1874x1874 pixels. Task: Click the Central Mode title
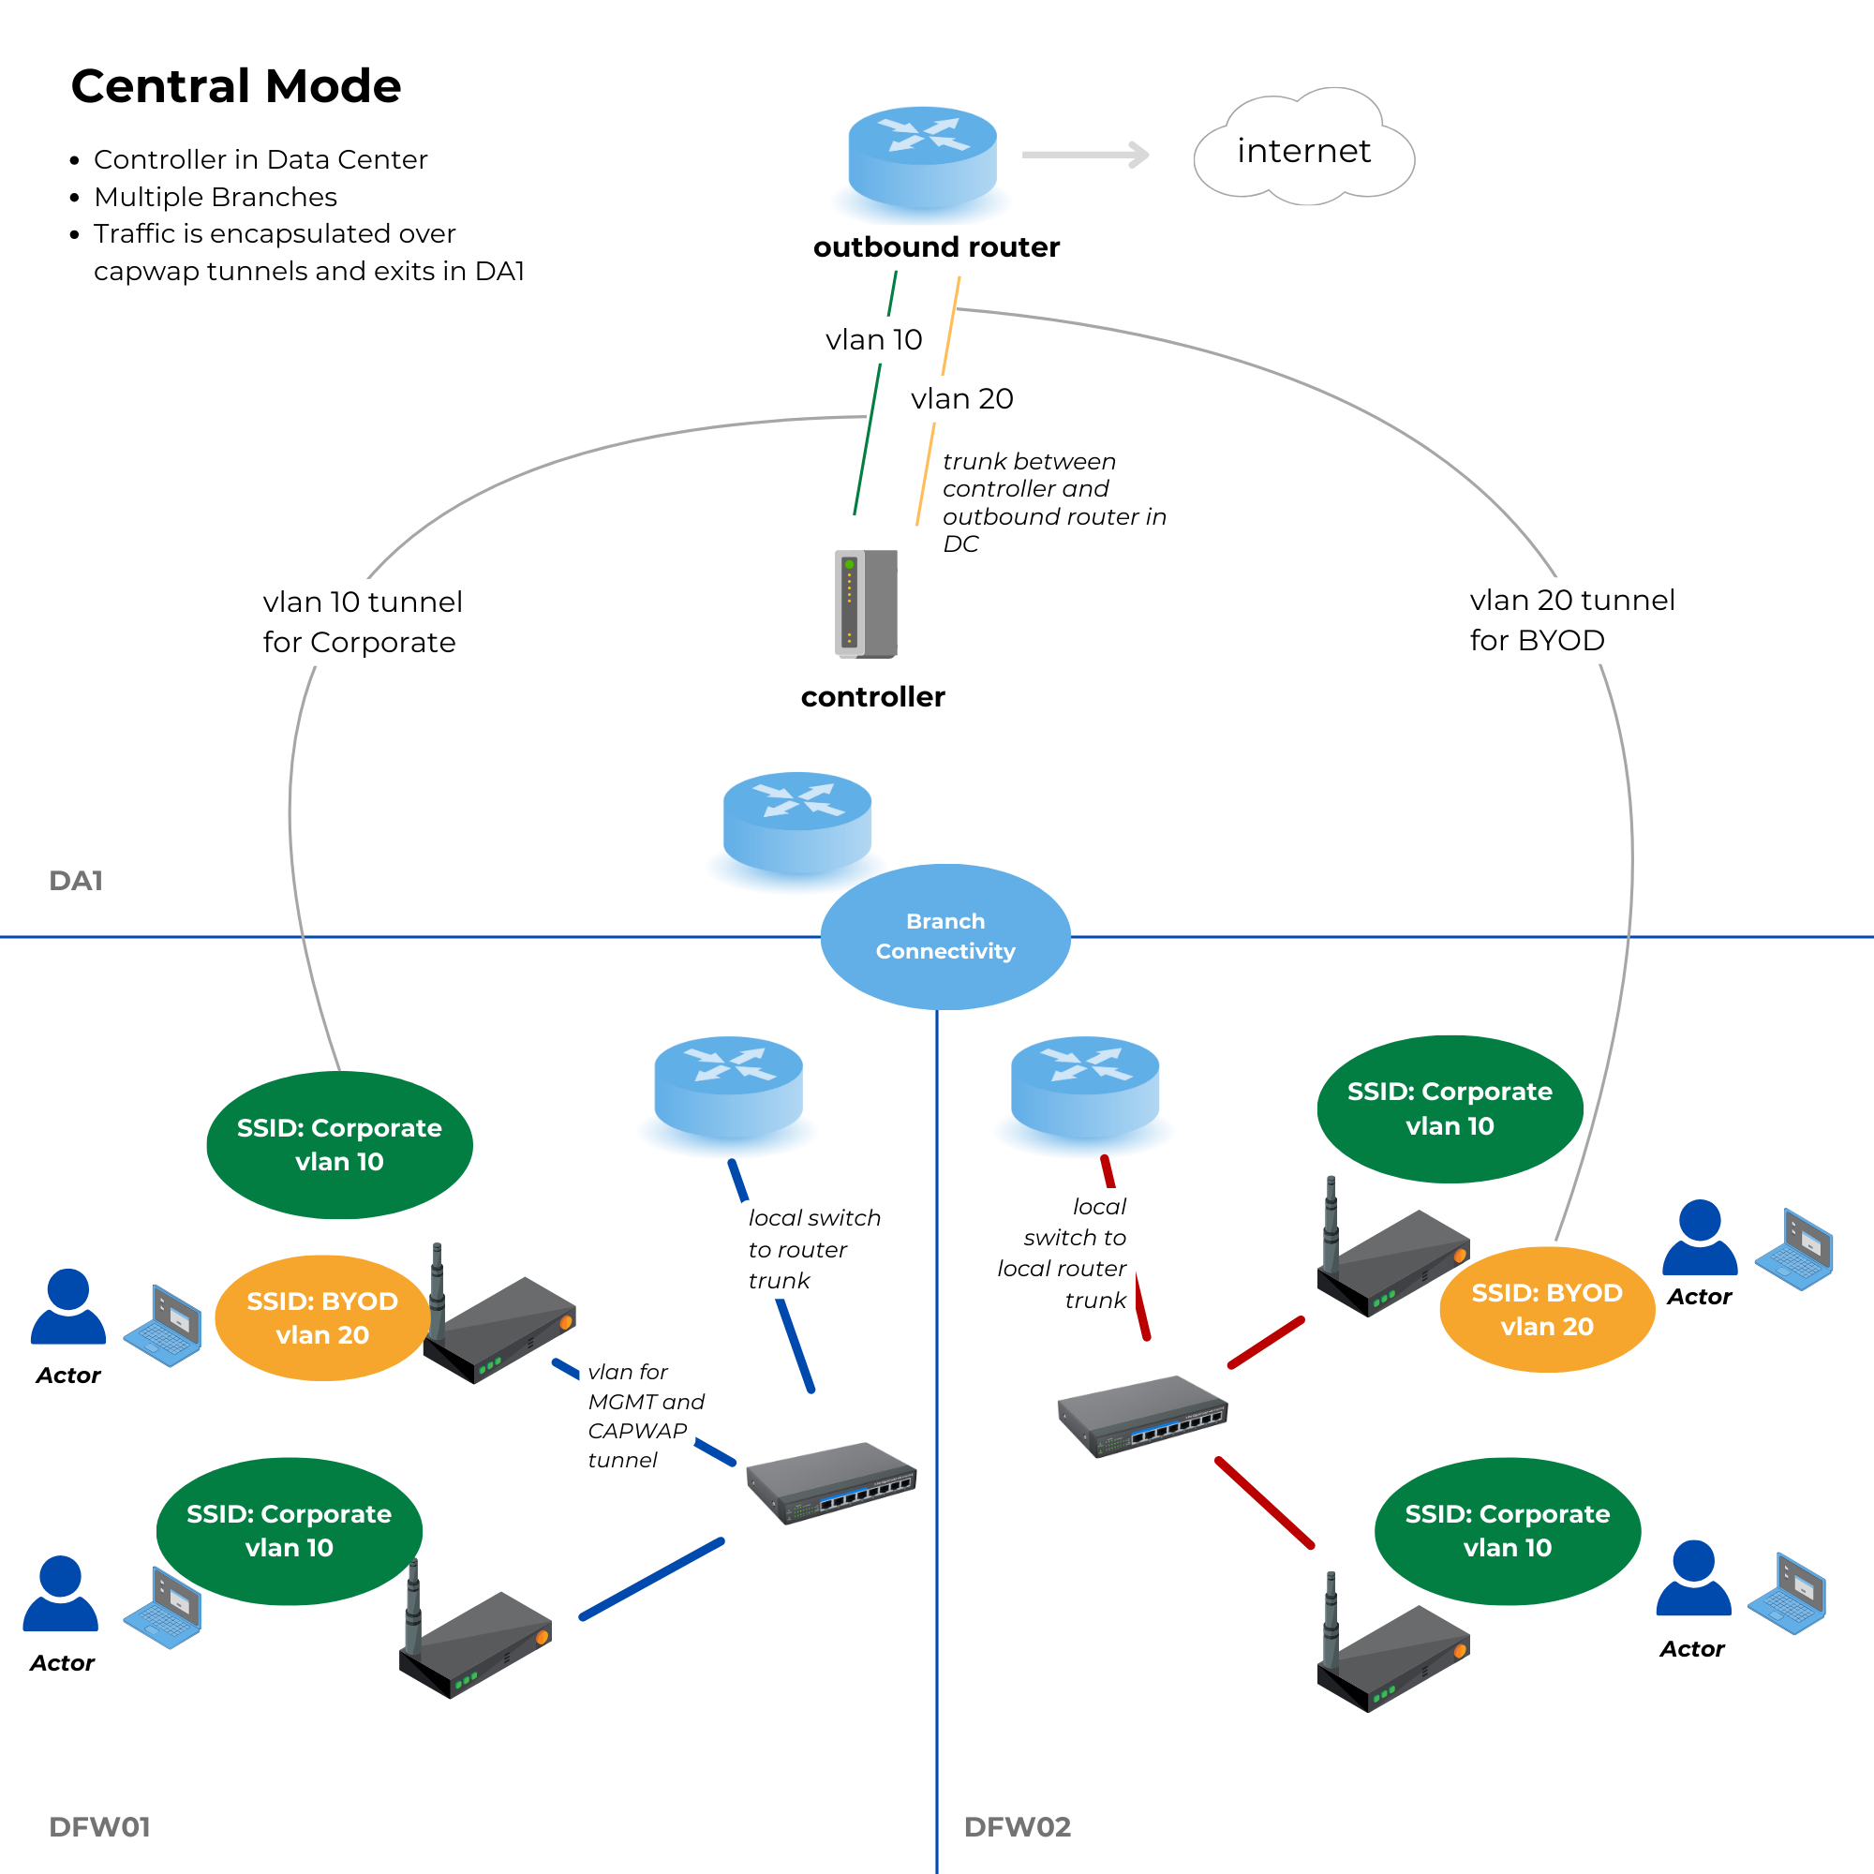click(x=236, y=86)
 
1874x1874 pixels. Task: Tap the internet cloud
click(x=1302, y=151)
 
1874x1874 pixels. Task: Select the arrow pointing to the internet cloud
click(x=1085, y=155)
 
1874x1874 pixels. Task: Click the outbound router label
click(x=936, y=247)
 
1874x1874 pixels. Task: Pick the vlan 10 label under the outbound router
click(x=873, y=339)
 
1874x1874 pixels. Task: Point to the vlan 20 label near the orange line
click(x=961, y=398)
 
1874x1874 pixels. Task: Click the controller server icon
click(x=866, y=603)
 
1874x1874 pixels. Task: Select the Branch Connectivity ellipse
click(x=944, y=936)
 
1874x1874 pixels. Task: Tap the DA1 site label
click(x=76, y=880)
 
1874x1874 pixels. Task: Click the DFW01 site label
click(x=99, y=1826)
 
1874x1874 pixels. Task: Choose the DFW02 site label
click(x=1017, y=1826)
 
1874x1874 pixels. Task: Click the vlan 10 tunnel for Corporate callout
click(x=362, y=622)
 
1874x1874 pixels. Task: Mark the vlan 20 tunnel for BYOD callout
click(x=1570, y=619)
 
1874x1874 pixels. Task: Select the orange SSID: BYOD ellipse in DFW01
click(x=322, y=1317)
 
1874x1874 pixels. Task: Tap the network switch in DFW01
click(x=830, y=1481)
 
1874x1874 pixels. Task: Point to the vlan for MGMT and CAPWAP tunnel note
click(x=645, y=1415)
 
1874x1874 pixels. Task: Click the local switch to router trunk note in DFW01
click(x=812, y=1248)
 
